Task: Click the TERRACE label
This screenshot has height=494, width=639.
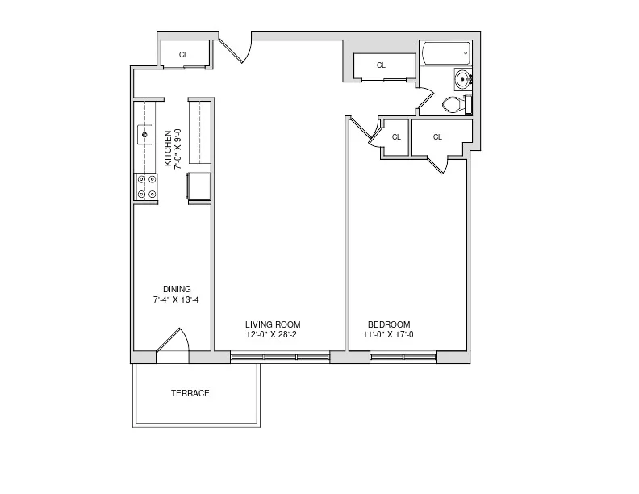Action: [x=190, y=394]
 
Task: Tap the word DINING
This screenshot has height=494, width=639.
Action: [x=177, y=289]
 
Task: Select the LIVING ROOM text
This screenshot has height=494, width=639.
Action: [x=273, y=324]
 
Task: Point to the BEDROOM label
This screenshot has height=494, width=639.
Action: [x=389, y=324]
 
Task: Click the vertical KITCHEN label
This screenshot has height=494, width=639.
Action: [x=168, y=148]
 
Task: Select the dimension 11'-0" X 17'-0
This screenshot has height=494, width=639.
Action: [x=389, y=334]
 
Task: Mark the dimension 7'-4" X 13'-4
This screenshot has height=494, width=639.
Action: [x=177, y=299]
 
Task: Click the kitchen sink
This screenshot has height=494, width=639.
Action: [x=146, y=133]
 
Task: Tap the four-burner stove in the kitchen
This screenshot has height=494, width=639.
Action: [x=146, y=187]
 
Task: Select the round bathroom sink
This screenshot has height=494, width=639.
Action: [x=462, y=79]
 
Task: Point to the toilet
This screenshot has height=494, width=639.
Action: [x=457, y=104]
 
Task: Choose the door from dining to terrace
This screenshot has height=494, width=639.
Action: [x=171, y=342]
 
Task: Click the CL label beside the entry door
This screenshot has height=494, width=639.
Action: [x=183, y=55]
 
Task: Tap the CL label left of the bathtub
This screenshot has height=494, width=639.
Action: [x=381, y=65]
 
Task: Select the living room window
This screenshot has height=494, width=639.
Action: [x=280, y=356]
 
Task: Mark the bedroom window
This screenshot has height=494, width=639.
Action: [x=403, y=356]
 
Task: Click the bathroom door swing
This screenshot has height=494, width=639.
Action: [x=423, y=101]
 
